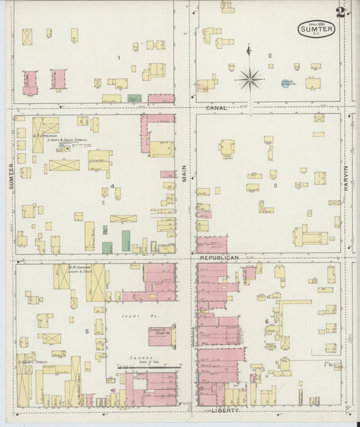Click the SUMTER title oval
pyautogui.click(x=316, y=29)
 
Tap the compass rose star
pyautogui.click(x=249, y=79)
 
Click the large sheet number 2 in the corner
pyautogui.click(x=341, y=12)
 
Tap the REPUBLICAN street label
pyautogui.click(x=219, y=258)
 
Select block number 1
pyautogui.click(x=118, y=57)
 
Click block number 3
pyautogui.click(x=275, y=185)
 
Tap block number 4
pyautogui.click(x=112, y=186)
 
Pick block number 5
pyautogui.click(x=87, y=331)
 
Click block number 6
pyautogui.click(x=267, y=321)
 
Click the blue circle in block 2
pyautogui.click(x=286, y=83)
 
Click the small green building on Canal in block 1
pyautogui.click(x=134, y=99)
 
